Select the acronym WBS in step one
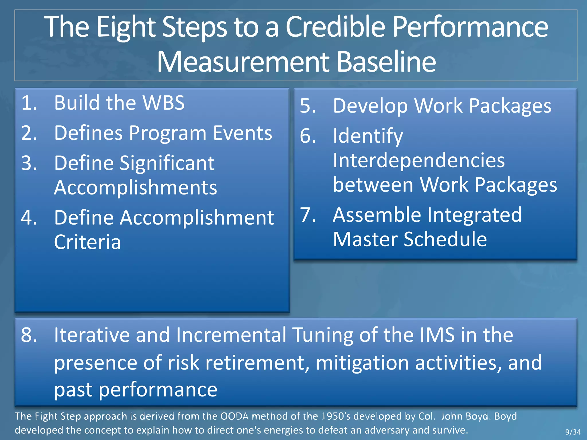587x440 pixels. point(164,103)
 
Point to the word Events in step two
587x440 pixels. point(242,133)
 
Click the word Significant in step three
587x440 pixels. point(167,163)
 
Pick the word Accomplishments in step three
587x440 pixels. point(136,188)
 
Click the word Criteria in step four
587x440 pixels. point(87,242)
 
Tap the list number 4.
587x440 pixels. point(29,218)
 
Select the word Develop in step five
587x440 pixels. point(370,106)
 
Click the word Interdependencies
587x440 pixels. point(419,160)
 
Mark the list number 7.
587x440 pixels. point(308,215)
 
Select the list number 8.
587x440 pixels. point(29,335)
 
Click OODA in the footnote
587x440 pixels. point(234,416)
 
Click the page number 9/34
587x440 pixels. point(573,432)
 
